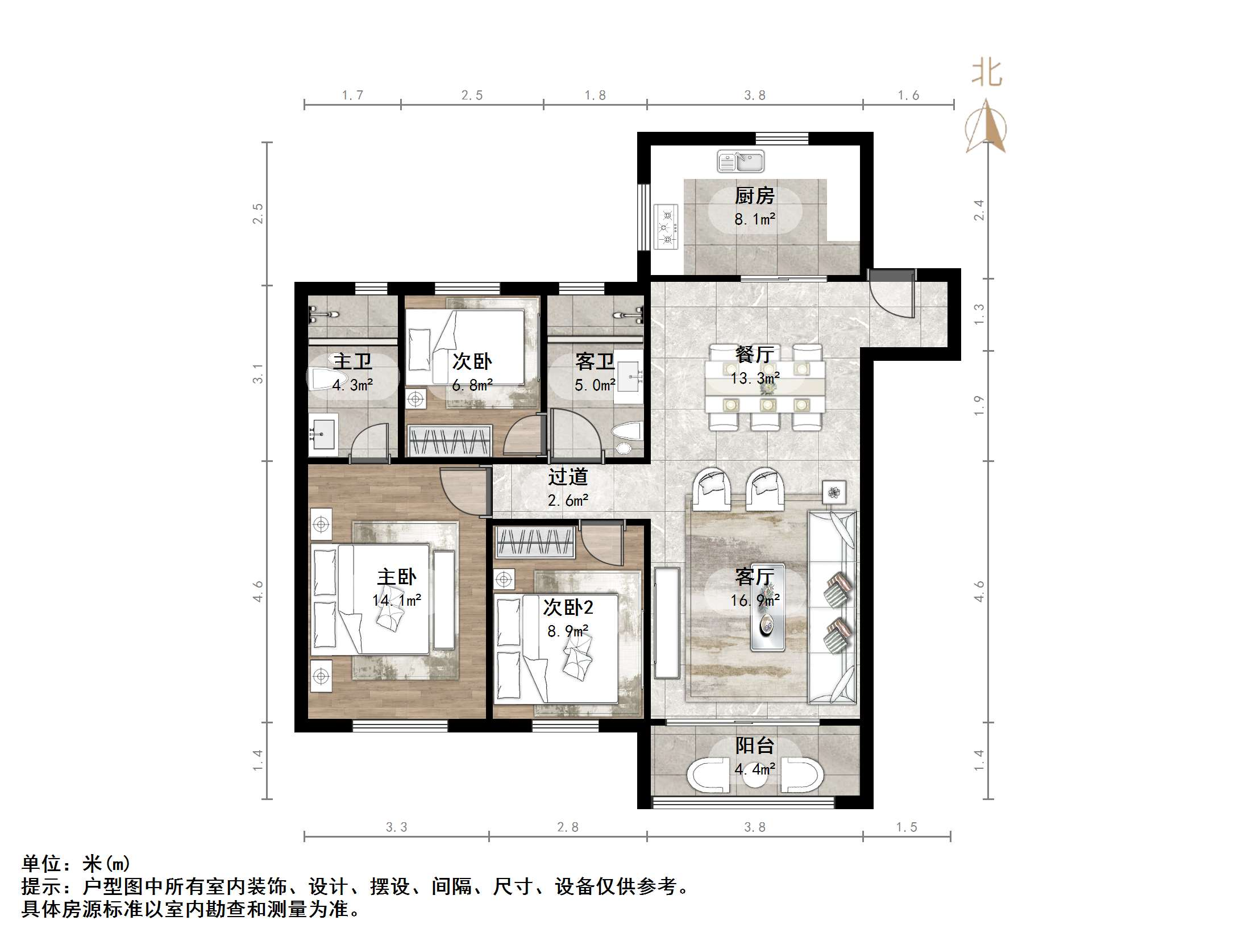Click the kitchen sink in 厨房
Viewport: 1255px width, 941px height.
(x=740, y=161)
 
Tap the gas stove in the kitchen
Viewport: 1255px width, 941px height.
(x=666, y=227)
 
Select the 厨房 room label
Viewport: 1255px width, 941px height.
(x=754, y=196)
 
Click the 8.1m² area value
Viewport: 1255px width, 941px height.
(x=754, y=219)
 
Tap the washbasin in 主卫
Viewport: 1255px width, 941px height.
(x=322, y=435)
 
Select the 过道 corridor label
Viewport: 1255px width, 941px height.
(x=567, y=477)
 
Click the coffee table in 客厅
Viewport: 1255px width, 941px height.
(x=767, y=607)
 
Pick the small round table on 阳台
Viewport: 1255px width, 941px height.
(x=755, y=777)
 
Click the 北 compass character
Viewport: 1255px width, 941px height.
(x=986, y=74)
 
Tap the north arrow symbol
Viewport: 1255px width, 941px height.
(x=986, y=128)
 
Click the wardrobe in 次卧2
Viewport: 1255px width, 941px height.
(x=534, y=543)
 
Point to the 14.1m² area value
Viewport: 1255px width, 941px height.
(x=397, y=600)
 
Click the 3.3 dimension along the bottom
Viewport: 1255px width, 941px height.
(x=396, y=827)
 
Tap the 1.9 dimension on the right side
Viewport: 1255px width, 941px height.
(x=978, y=406)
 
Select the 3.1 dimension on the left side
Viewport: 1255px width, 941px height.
(x=258, y=373)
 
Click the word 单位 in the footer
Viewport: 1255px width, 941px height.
(x=41, y=864)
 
